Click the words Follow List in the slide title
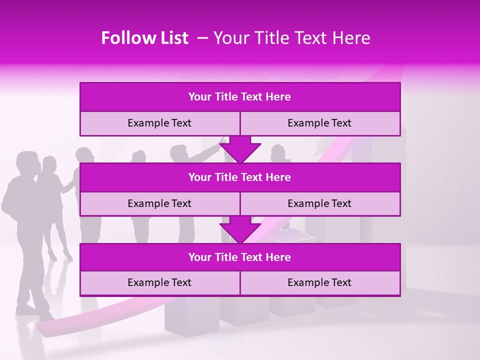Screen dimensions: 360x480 (x=144, y=38)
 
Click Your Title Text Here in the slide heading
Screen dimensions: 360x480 (x=291, y=38)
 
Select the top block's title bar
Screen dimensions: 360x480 (x=239, y=97)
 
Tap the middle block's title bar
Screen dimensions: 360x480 (x=239, y=177)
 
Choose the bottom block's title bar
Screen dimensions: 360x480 (x=239, y=257)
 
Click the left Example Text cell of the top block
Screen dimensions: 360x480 (x=159, y=123)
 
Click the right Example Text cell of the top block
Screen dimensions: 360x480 (x=319, y=123)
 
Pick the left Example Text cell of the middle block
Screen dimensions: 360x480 (x=159, y=204)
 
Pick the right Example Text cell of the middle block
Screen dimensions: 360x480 (x=319, y=204)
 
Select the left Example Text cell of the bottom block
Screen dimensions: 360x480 (x=159, y=283)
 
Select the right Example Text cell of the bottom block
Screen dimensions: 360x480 (x=319, y=283)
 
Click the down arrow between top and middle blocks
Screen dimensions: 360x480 (x=240, y=150)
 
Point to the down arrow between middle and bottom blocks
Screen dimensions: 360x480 (x=240, y=230)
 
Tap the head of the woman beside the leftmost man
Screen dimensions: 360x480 (x=49, y=164)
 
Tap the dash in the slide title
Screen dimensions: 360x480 (x=202, y=38)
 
